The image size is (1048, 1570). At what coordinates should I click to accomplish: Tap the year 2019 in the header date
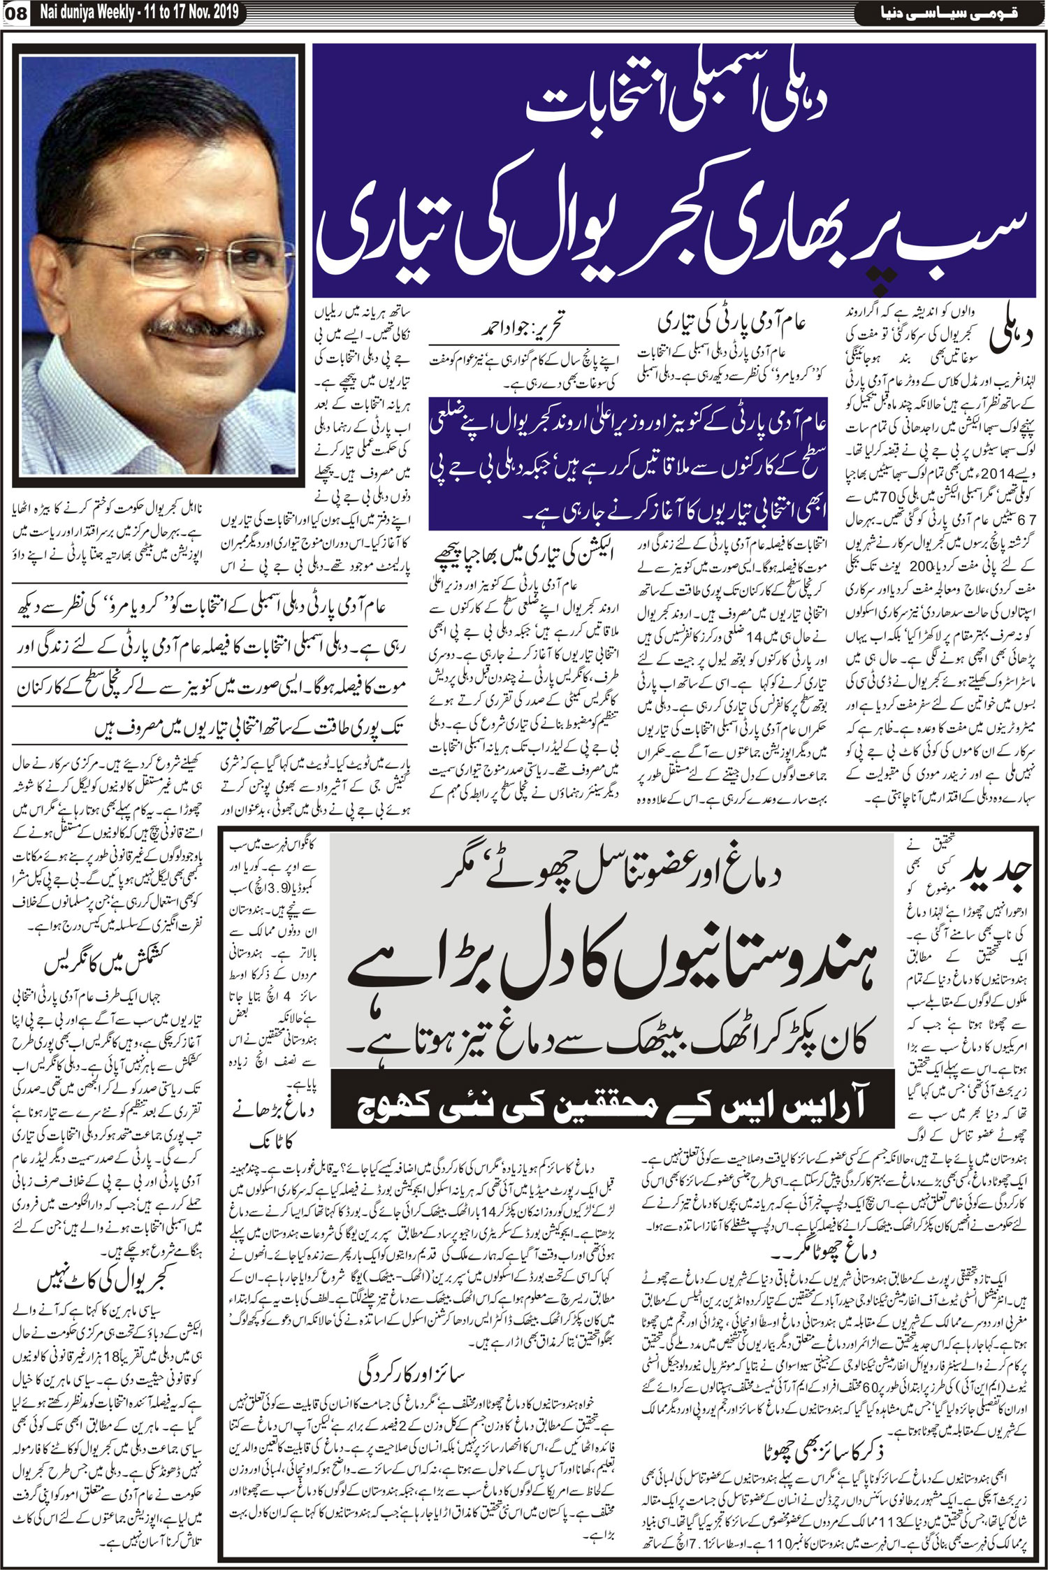pyautogui.click(x=224, y=13)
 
